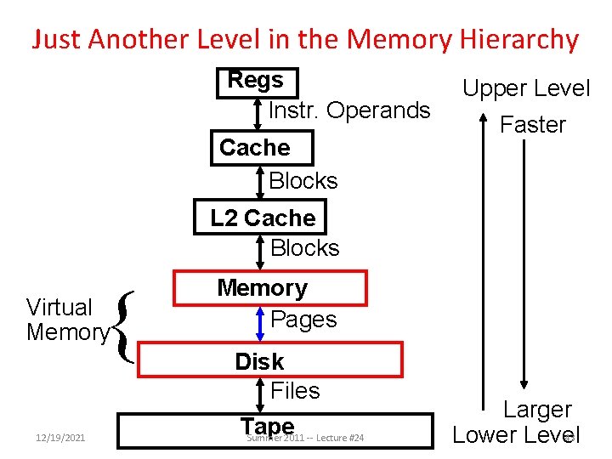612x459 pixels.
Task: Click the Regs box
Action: (x=257, y=82)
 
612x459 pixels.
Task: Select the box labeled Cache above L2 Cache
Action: (x=262, y=148)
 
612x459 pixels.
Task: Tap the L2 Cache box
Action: (x=263, y=218)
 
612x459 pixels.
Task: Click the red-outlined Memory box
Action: (x=269, y=288)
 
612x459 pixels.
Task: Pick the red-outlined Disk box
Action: (x=269, y=360)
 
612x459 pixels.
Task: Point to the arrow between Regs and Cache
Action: (x=258, y=113)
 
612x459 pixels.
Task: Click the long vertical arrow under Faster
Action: (x=525, y=263)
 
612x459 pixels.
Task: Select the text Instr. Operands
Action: (x=349, y=110)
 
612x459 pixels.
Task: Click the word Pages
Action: (x=303, y=320)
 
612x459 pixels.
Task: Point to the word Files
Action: (x=295, y=391)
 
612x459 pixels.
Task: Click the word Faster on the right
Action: (x=532, y=125)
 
